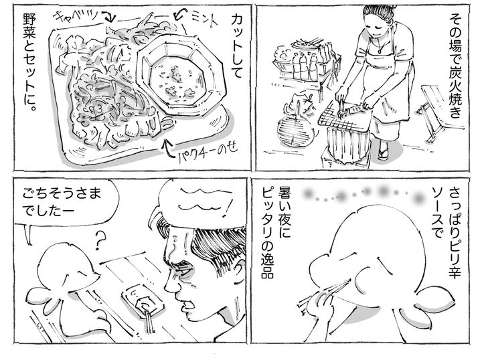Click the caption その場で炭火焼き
pos(455,66)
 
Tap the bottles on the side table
pos(307,63)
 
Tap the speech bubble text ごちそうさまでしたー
pos(62,203)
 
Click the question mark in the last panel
pos(100,240)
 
